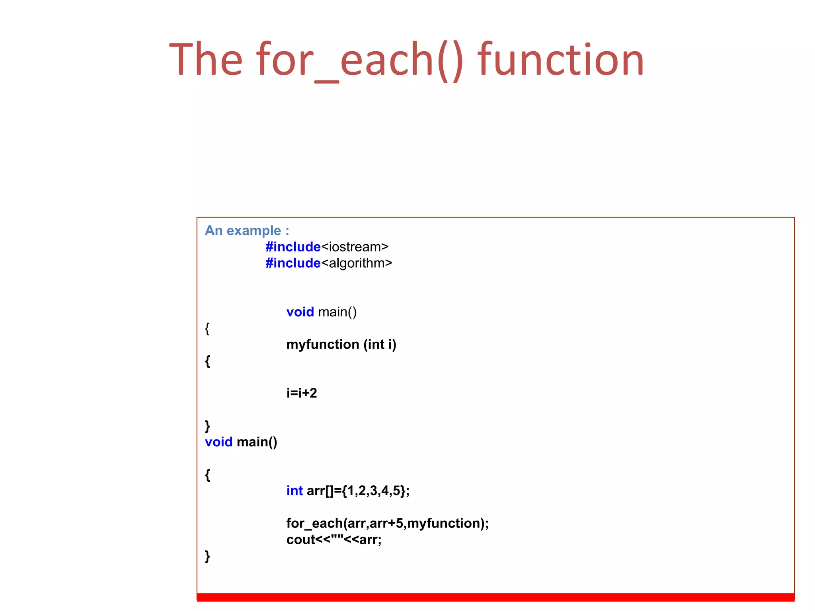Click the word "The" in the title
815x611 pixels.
[206, 60]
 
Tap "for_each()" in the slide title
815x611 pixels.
[360, 60]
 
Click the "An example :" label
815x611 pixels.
[247, 231]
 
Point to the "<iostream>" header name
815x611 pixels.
[355, 247]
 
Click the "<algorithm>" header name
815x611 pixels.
[357, 263]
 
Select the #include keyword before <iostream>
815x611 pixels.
[293, 247]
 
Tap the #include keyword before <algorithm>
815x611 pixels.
[293, 263]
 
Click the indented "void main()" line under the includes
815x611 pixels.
[322, 312]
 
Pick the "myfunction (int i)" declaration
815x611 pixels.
[341, 344]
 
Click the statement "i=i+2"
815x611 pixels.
[302, 393]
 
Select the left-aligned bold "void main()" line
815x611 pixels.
[241, 442]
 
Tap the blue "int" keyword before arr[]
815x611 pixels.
[294, 491]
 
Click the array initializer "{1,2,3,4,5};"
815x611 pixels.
[375, 491]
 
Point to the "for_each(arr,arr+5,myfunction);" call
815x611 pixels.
[387, 523]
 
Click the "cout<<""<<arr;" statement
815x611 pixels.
[334, 540]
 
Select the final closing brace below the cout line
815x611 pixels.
[207, 556]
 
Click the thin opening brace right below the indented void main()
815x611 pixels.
[207, 329]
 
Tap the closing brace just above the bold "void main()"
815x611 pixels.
[207, 426]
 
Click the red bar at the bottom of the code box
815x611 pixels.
[495, 597]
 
